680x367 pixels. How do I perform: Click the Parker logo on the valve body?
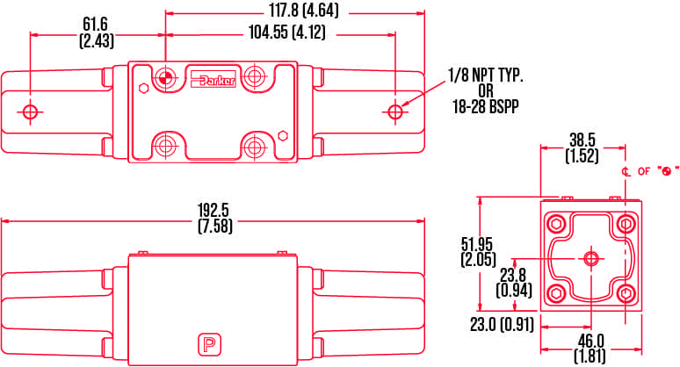click(213, 80)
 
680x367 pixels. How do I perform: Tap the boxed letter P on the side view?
click(209, 345)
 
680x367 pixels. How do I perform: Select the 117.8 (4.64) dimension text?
click(303, 11)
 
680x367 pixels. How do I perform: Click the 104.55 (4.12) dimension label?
click(286, 33)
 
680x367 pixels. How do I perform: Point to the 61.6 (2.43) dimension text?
click(97, 32)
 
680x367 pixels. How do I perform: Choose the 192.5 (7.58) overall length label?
click(214, 218)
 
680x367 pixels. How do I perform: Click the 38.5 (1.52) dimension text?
click(582, 148)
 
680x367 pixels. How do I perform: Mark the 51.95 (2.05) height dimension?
click(478, 252)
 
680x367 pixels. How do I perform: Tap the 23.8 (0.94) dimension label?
click(514, 283)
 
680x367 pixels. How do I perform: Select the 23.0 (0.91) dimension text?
click(502, 325)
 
